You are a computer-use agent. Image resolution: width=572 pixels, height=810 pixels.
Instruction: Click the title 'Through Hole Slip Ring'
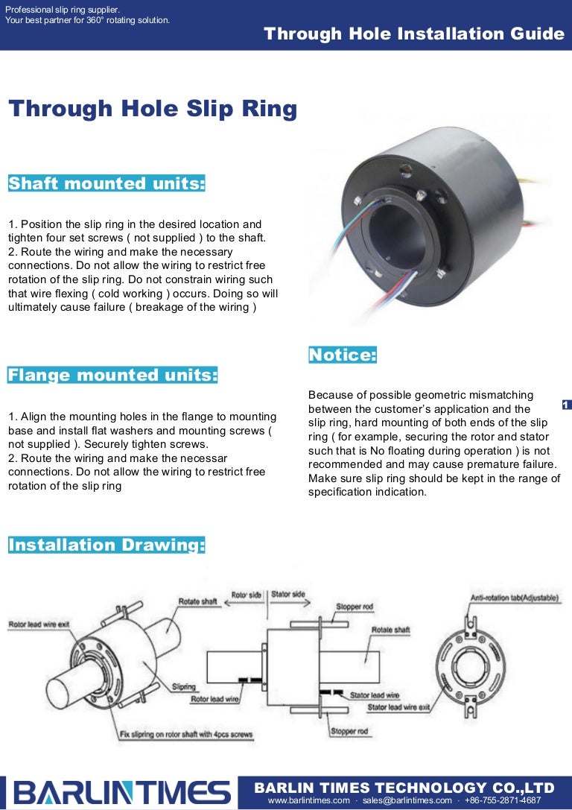pyautogui.click(x=153, y=110)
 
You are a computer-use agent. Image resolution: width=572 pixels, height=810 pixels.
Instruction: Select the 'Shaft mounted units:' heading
pyautogui.click(x=107, y=183)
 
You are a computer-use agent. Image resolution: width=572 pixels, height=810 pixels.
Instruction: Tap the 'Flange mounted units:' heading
pyautogui.click(x=112, y=375)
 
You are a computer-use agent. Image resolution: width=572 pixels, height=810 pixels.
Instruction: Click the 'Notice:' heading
pyautogui.click(x=343, y=355)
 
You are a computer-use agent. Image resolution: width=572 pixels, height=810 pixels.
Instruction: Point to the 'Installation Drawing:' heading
pyautogui.click(x=107, y=545)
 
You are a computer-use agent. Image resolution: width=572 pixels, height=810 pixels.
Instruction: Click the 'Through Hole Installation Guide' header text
pyautogui.click(x=414, y=34)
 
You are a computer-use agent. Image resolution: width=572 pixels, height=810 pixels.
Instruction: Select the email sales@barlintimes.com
pyautogui.click(x=407, y=800)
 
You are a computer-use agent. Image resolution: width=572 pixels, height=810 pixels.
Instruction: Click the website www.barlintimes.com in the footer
pyautogui.click(x=308, y=800)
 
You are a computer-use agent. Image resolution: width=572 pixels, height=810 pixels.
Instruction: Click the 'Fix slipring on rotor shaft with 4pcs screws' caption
pyautogui.click(x=186, y=735)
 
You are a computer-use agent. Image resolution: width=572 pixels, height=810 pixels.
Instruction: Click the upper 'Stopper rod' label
pyautogui.click(x=354, y=607)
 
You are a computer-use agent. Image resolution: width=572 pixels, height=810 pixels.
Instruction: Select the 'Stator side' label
pyautogui.click(x=287, y=595)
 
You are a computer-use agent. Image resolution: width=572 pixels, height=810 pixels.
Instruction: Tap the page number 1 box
pyautogui.click(x=566, y=405)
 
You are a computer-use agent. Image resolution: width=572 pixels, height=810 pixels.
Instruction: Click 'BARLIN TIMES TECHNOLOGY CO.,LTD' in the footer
pyautogui.click(x=404, y=788)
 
